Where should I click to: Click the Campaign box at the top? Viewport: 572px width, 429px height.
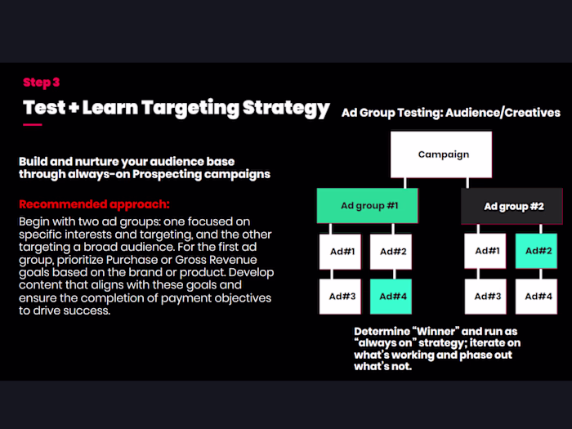pyautogui.click(x=443, y=154)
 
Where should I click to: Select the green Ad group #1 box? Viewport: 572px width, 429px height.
pyautogui.click(x=368, y=206)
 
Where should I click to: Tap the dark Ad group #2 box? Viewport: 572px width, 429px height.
pyautogui.click(x=512, y=206)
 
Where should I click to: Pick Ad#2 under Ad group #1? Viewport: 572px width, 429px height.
pyautogui.click(x=391, y=252)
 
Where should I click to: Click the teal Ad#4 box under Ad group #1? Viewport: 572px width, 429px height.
pyautogui.click(x=391, y=296)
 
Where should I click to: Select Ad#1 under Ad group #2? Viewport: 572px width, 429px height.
pyautogui.click(x=486, y=252)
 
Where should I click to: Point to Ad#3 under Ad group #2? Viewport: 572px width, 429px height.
pyautogui.click(x=486, y=296)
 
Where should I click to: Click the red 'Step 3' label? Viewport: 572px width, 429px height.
pyautogui.click(x=42, y=82)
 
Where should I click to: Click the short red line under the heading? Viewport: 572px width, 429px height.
pyautogui.click(x=32, y=125)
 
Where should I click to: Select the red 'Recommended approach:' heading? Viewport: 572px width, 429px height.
pyautogui.click(x=94, y=203)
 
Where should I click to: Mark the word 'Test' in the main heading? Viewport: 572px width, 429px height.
pyautogui.click(x=44, y=108)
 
